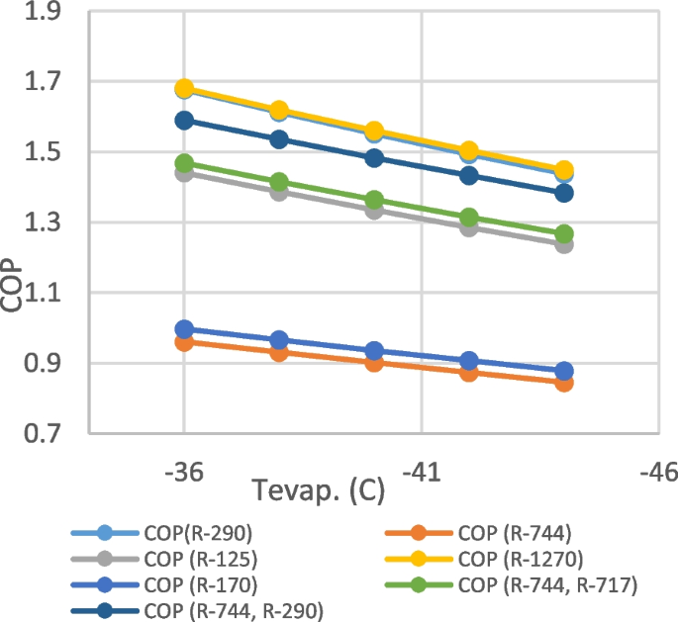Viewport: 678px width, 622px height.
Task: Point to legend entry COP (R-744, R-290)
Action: (x=234, y=610)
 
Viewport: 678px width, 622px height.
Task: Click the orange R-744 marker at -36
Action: (x=184, y=342)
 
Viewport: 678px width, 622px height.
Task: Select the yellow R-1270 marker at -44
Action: (x=564, y=170)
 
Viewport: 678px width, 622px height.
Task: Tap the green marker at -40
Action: (x=374, y=201)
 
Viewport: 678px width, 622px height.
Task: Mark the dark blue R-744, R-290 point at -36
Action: (x=184, y=121)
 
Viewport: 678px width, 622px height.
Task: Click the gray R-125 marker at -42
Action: (x=469, y=227)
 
